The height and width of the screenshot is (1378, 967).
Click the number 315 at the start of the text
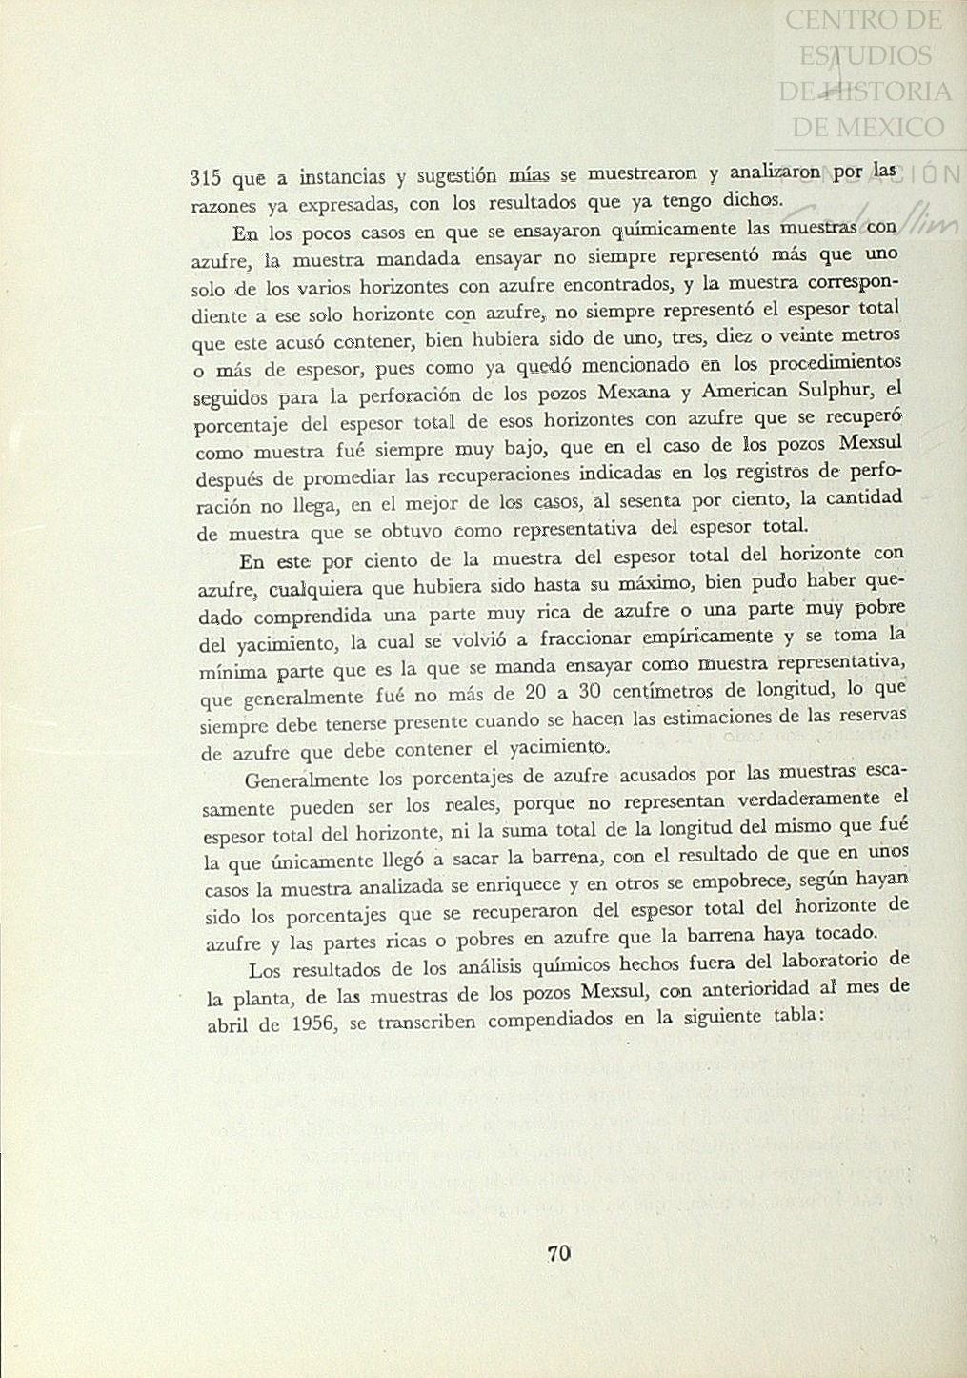pyautogui.click(x=207, y=178)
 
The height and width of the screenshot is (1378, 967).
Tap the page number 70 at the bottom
pyautogui.click(x=559, y=1253)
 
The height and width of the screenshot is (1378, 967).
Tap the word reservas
pyautogui.click(x=868, y=715)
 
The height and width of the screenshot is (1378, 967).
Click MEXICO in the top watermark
pyautogui.click(x=868, y=127)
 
